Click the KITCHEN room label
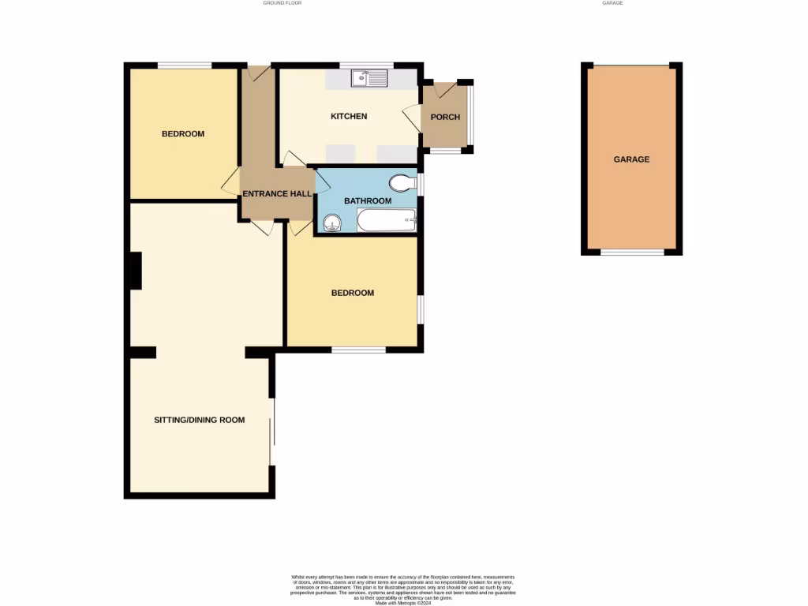pos(348,117)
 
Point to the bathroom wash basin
pos(331,224)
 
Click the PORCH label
pos(445,118)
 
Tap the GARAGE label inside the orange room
pos(631,159)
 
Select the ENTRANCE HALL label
pos(276,194)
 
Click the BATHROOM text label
pos(367,201)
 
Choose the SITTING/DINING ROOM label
pos(199,421)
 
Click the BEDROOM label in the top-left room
pos(183,134)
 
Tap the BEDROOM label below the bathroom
pos(352,294)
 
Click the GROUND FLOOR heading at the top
pos(282,3)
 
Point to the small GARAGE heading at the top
pos(612,3)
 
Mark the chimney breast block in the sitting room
pos(135,271)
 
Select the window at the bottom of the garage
pos(631,252)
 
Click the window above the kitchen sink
pos(366,65)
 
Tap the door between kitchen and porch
pos(411,119)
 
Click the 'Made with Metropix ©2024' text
pos(403,604)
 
